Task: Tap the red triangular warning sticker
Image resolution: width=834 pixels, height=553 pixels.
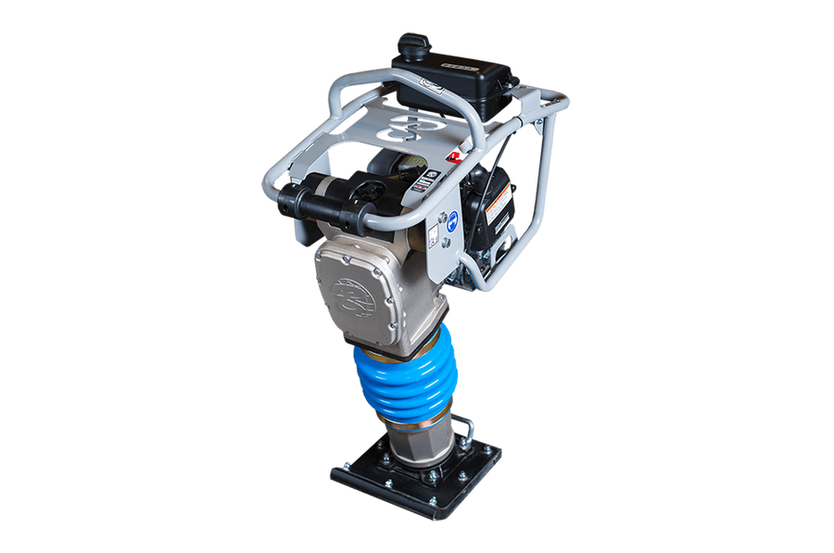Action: click(454, 157)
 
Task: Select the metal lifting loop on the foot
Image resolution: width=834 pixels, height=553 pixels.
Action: click(466, 430)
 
